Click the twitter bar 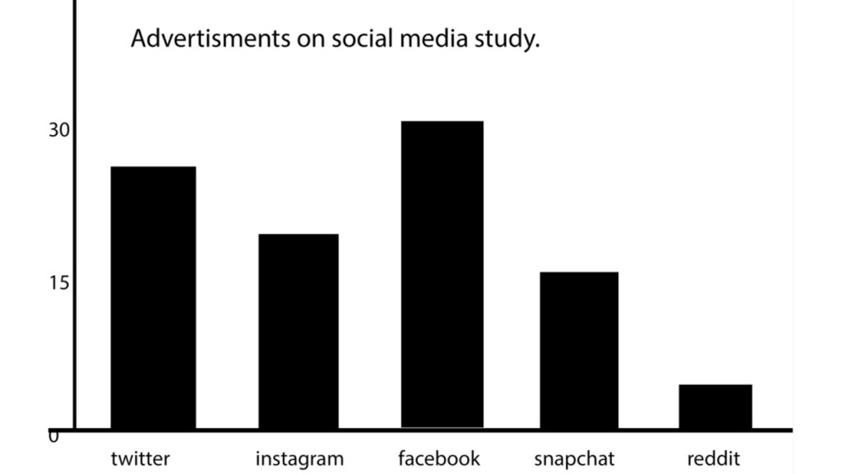click(x=153, y=297)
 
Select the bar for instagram click(x=298, y=331)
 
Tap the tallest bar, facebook click(x=442, y=274)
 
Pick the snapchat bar click(x=579, y=350)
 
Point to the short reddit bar click(x=715, y=406)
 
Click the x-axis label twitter click(x=141, y=458)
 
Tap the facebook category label click(x=438, y=458)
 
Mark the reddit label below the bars click(x=714, y=458)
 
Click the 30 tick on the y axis click(x=59, y=130)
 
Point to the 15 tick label click(x=59, y=282)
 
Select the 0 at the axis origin click(x=53, y=437)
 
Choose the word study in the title click(x=506, y=40)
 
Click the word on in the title click(x=311, y=40)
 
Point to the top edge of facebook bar click(x=442, y=122)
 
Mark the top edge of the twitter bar click(x=153, y=167)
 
